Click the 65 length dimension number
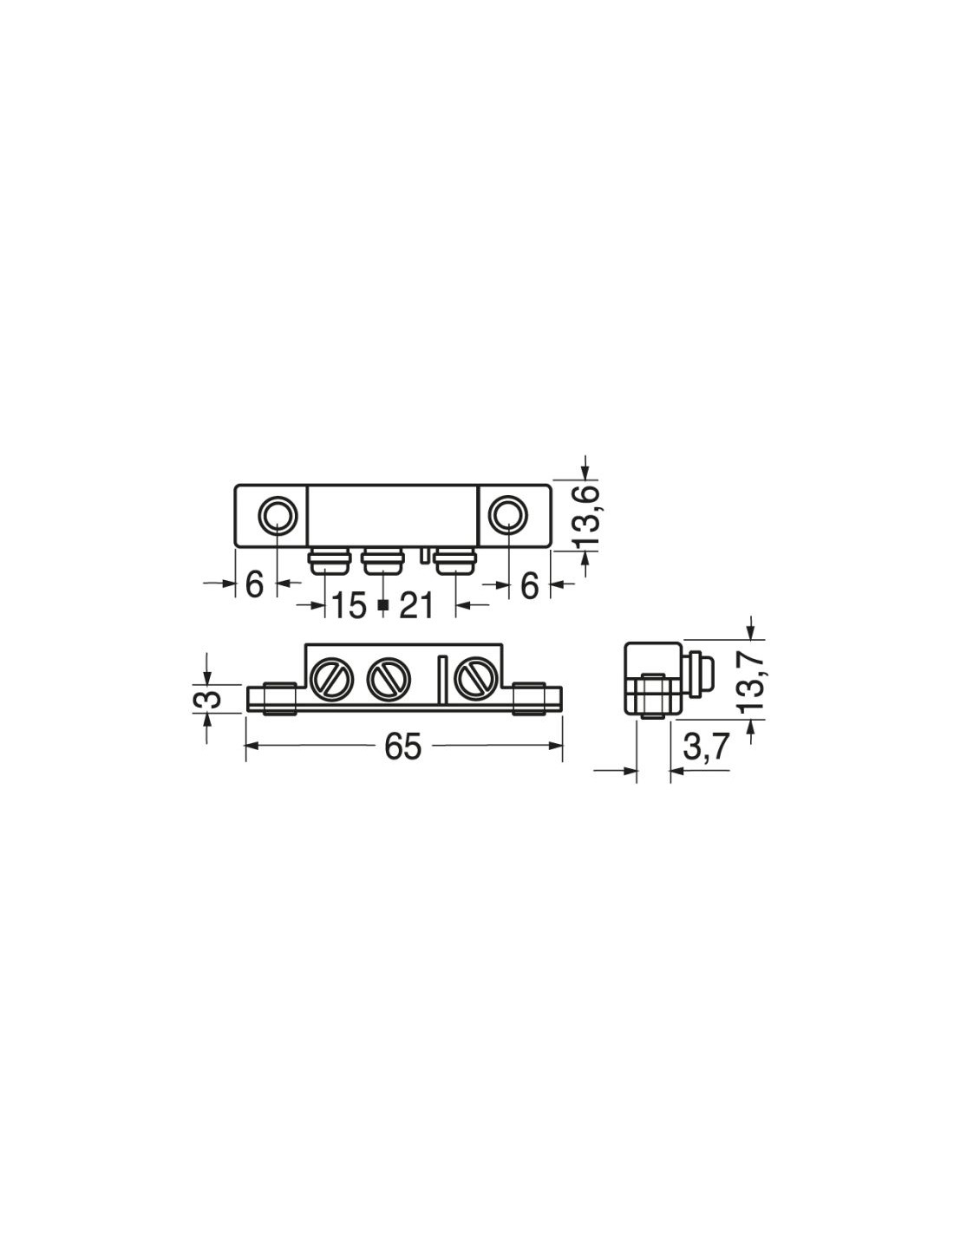click(x=403, y=747)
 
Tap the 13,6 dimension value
click(x=591, y=516)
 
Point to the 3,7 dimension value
click(x=705, y=747)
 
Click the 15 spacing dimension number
click(x=349, y=605)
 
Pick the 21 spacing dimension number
click(x=416, y=605)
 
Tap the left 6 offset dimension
click(x=255, y=584)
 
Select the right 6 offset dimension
click(x=529, y=584)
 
